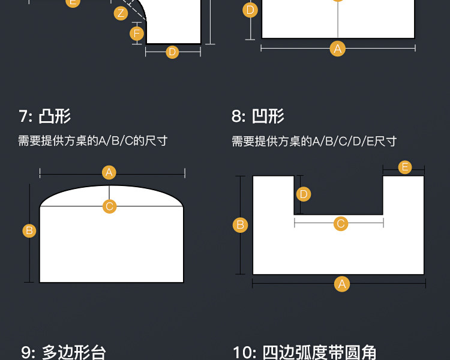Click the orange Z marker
(x=121, y=13)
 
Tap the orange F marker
(x=137, y=33)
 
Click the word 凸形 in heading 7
(x=55, y=116)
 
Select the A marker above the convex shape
(x=109, y=173)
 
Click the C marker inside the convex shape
(x=109, y=206)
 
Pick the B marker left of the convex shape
(x=29, y=230)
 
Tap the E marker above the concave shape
(x=405, y=167)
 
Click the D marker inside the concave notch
(x=304, y=194)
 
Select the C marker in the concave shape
(x=341, y=224)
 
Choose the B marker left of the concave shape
(x=240, y=225)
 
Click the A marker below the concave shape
(x=342, y=284)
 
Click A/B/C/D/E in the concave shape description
(x=341, y=141)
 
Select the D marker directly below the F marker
(x=173, y=52)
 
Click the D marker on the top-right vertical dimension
(x=251, y=10)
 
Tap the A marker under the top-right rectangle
(x=338, y=49)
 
